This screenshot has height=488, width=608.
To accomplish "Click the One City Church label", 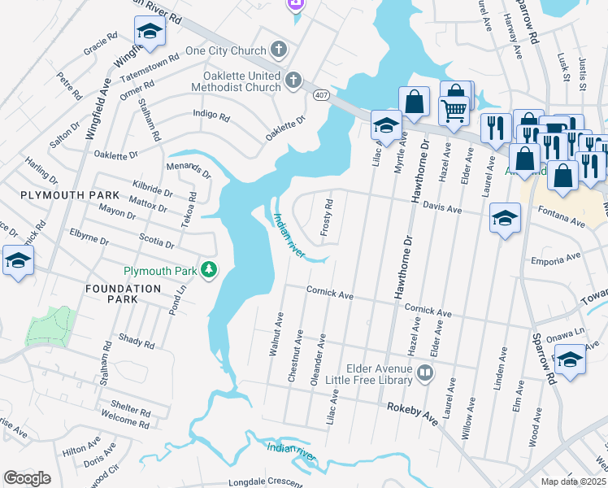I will [225, 50].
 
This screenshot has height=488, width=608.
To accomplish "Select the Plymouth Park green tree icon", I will [210, 269].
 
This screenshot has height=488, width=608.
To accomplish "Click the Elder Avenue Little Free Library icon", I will [424, 373].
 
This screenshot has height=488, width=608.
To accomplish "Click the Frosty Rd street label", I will [327, 218].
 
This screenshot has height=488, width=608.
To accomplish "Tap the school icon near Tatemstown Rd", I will [150, 32].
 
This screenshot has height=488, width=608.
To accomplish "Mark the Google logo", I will [27, 477].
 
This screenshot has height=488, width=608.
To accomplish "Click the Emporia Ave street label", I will [556, 259].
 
